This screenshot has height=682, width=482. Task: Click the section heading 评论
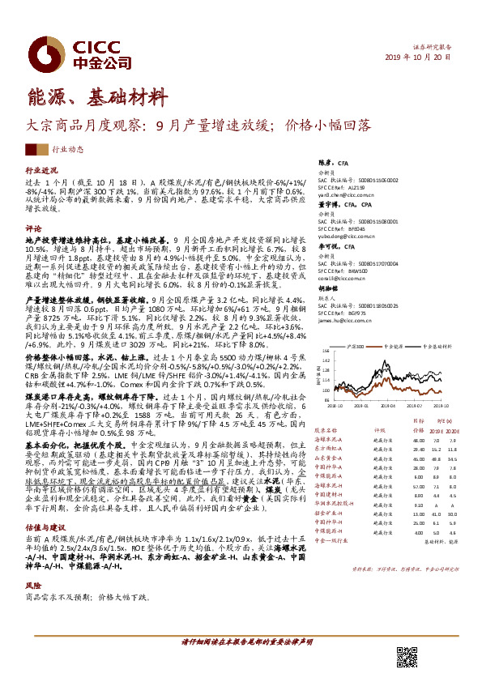pyautogui.click(x=33, y=228)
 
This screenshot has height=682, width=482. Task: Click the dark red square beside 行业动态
pyautogui.click(x=36, y=149)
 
